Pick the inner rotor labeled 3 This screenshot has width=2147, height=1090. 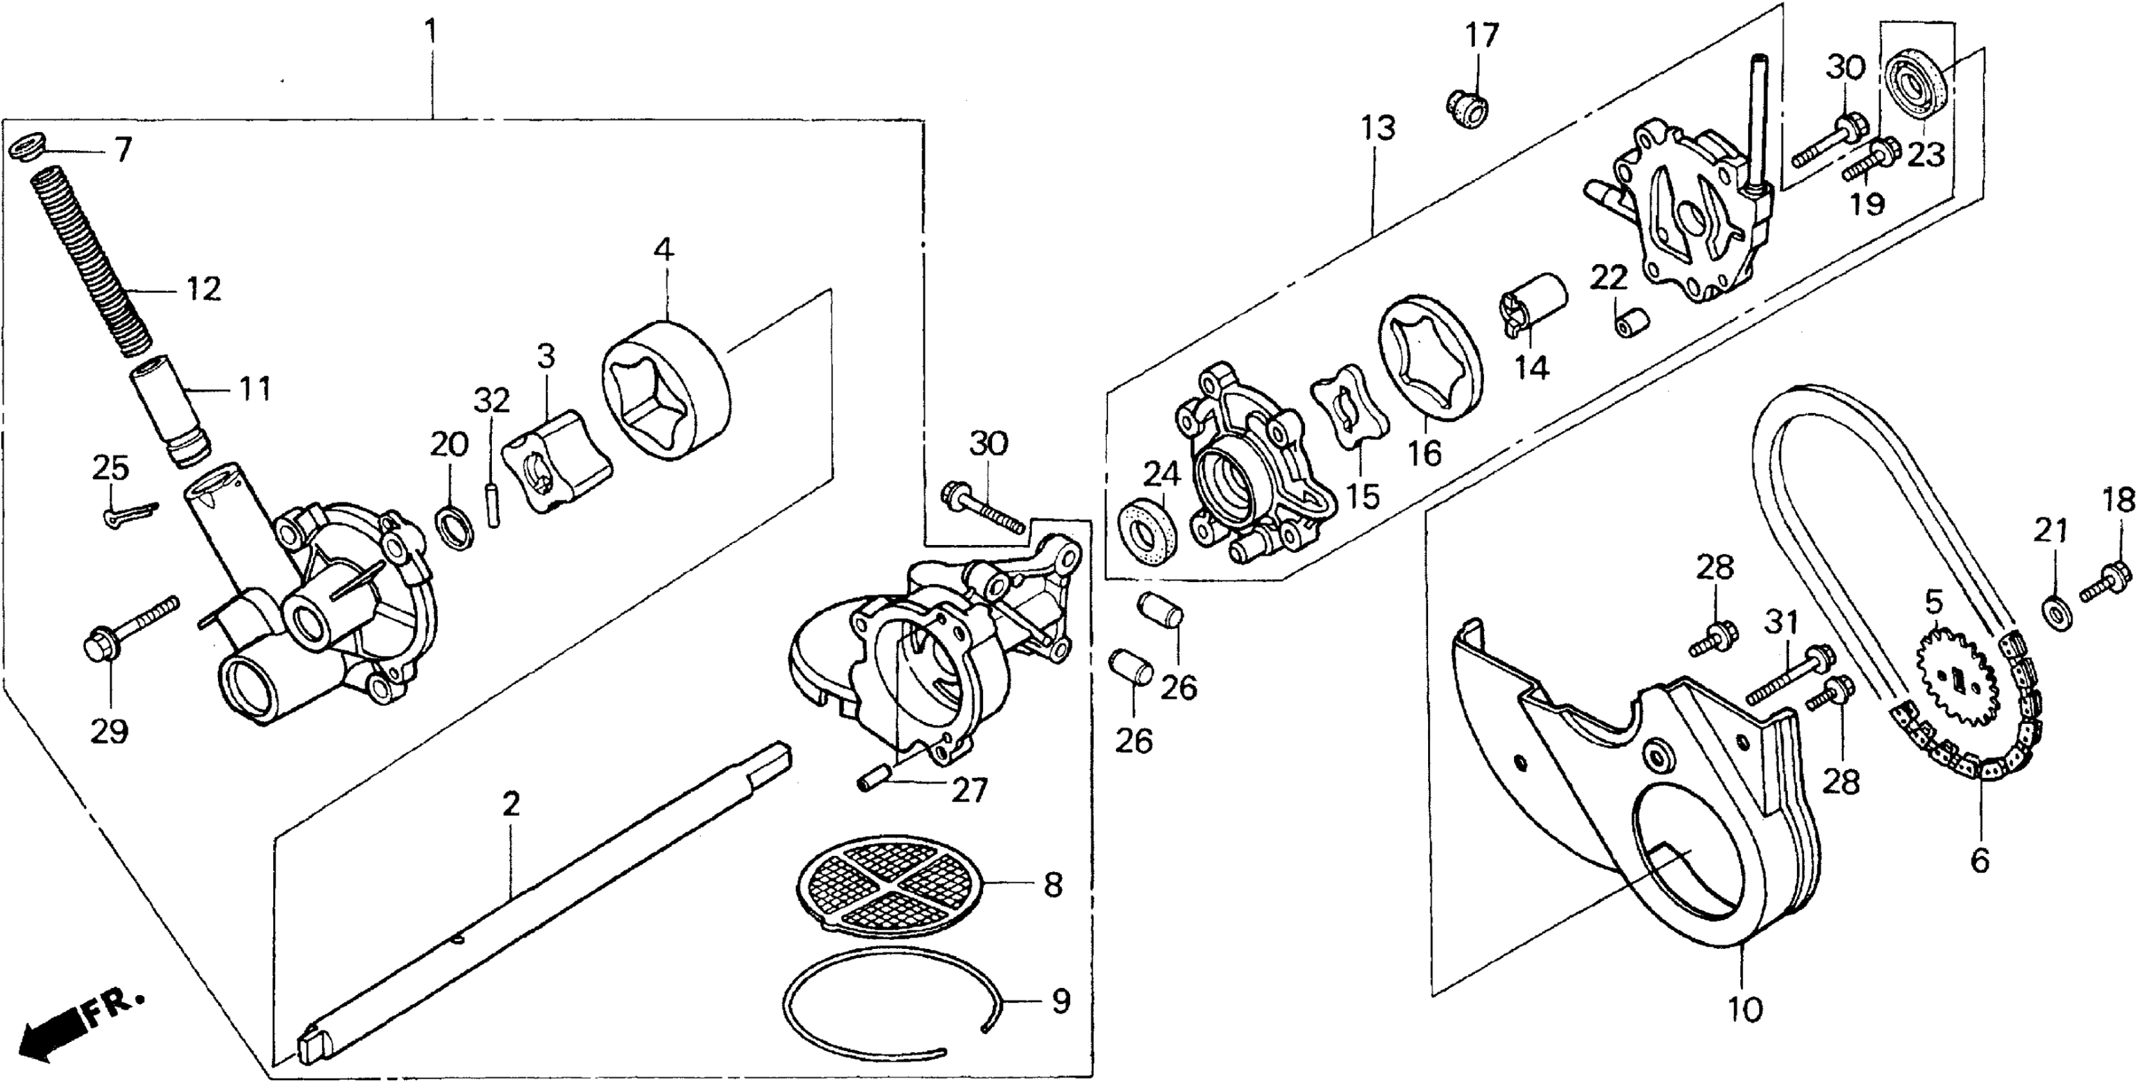click(554, 459)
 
